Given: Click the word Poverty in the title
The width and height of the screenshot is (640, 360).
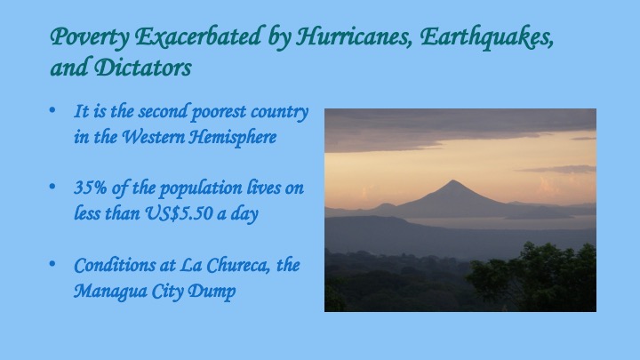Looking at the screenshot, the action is click(x=90, y=37).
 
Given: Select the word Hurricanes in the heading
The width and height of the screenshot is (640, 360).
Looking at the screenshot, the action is click(x=354, y=36).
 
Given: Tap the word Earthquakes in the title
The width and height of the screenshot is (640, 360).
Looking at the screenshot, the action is click(x=486, y=37).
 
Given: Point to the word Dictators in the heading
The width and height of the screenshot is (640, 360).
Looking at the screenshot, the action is click(x=143, y=68).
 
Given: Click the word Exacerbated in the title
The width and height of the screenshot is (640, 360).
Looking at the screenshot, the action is click(x=198, y=36).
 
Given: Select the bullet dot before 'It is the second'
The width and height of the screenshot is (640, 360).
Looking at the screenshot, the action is click(x=52, y=110).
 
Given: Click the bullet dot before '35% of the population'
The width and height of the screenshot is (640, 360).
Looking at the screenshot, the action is click(x=52, y=187).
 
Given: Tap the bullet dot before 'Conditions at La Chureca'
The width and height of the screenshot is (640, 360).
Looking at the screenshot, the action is click(x=52, y=264).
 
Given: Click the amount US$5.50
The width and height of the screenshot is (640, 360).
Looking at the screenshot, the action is click(x=179, y=213).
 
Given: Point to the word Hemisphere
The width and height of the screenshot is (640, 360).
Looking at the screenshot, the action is click(x=233, y=136).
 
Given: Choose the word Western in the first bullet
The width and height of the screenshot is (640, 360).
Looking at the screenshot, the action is click(x=153, y=136).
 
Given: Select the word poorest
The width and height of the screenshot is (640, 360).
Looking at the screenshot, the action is click(x=219, y=112).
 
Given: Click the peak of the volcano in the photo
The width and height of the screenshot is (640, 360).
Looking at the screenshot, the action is click(x=453, y=180).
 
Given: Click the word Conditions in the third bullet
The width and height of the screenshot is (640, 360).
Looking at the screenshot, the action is click(x=115, y=265).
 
